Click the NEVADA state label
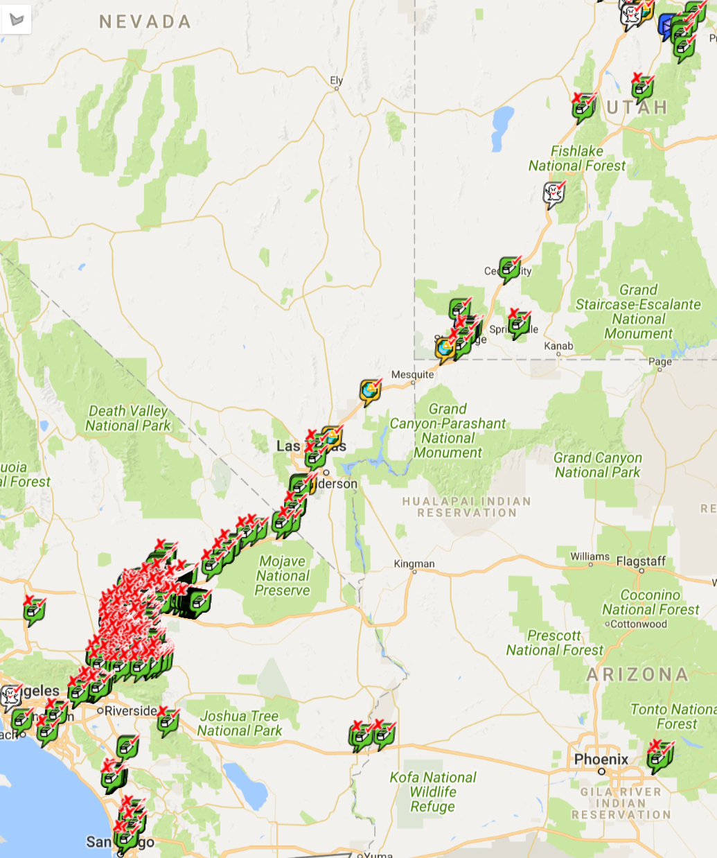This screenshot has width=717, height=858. tap(145, 22)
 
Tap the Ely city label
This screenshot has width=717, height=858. tap(337, 80)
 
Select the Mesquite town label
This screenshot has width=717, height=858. tap(412, 375)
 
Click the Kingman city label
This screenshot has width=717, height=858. tap(414, 564)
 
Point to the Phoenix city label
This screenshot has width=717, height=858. tap(601, 760)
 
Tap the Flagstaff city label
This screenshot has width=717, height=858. tap(641, 561)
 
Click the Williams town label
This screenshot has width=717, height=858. tap(590, 557)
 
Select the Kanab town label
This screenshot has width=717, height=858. tap(558, 346)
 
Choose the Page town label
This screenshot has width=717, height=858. tap(660, 361)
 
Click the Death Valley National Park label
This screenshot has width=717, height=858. tap(127, 419)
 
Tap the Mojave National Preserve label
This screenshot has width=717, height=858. tap(282, 576)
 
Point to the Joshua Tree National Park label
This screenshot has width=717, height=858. tap(239, 724)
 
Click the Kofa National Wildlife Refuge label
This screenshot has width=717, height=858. tap(432, 792)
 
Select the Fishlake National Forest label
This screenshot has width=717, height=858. tap(576, 159)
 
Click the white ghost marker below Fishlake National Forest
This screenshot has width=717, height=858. tap(554, 194)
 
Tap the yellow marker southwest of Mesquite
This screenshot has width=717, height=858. tap(370, 392)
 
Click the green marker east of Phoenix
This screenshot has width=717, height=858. tap(659, 756)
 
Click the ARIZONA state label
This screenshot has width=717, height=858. tap(637, 674)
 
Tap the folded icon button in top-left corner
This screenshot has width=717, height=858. tap(17, 19)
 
